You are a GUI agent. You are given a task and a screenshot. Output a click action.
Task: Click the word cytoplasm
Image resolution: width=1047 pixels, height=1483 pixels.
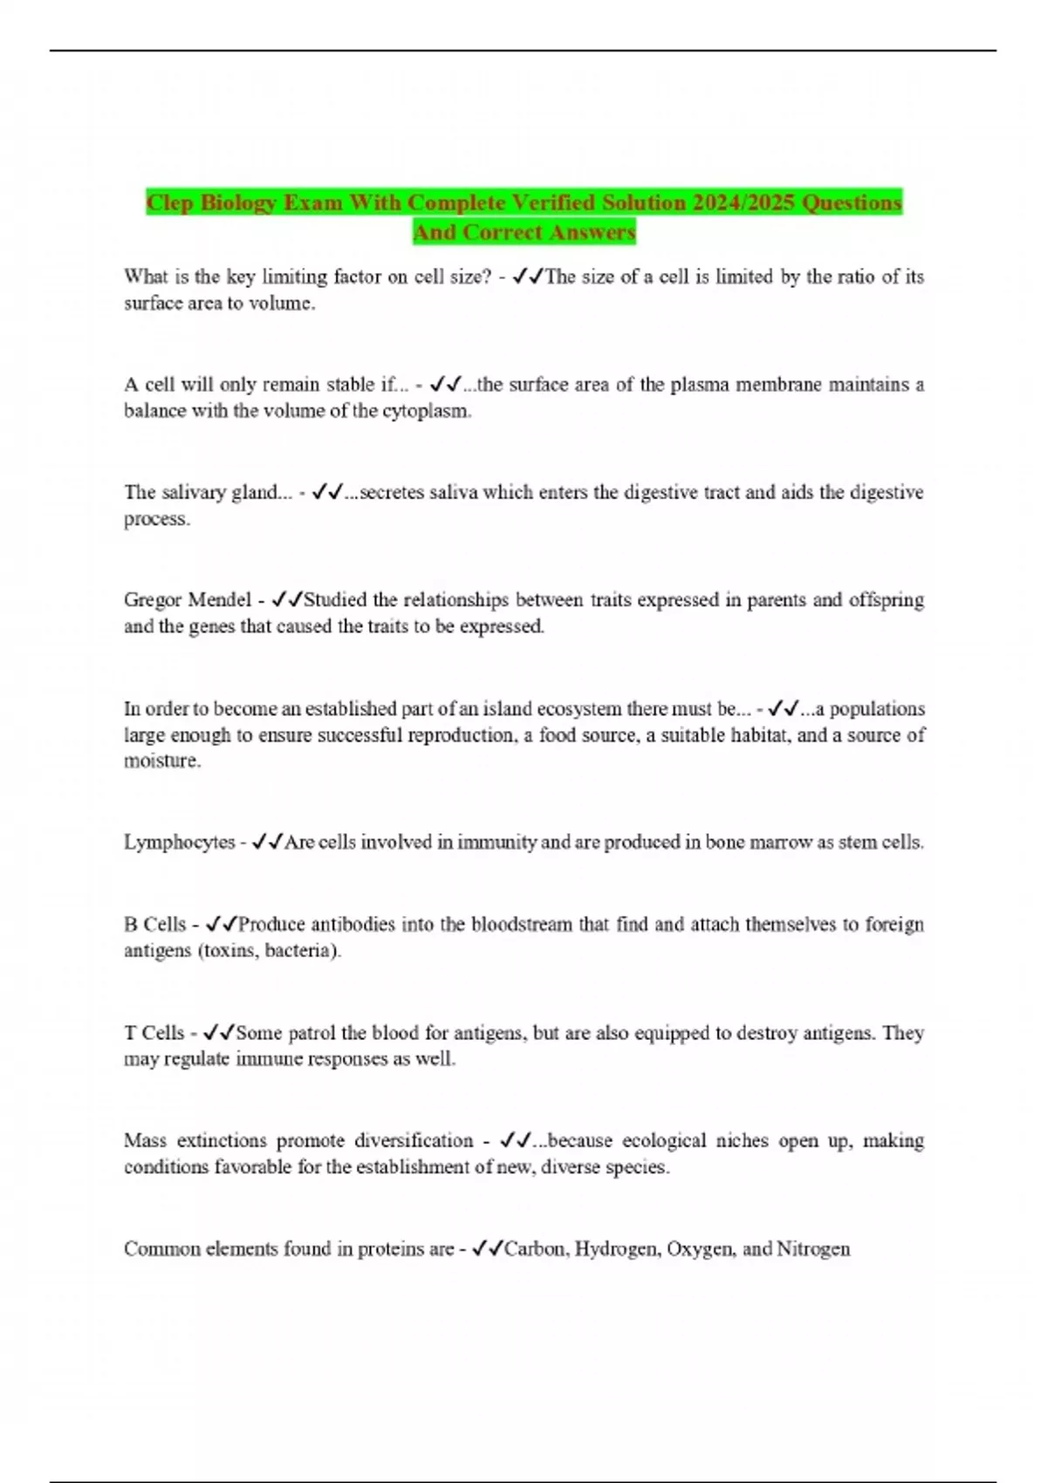pos(427,411)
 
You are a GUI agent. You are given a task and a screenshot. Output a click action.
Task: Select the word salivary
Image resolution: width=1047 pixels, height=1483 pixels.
pos(194,493)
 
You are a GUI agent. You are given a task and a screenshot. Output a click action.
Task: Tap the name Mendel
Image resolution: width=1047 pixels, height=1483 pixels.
pos(219,600)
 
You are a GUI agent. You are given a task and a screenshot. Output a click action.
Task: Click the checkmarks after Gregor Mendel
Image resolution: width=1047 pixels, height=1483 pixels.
pos(287,600)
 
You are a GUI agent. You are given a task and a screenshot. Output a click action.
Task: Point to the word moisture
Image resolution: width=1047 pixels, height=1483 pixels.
pos(162,761)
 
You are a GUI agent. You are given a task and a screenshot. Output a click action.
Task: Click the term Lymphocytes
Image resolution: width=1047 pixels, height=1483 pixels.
pos(179,843)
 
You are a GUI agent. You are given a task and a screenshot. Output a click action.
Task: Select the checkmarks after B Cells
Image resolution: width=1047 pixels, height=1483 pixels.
pos(222,925)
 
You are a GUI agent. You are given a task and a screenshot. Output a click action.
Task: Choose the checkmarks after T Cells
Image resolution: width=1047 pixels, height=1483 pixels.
pos(219,1033)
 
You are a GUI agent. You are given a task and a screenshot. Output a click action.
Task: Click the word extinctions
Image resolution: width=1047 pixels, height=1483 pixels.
pos(221,1141)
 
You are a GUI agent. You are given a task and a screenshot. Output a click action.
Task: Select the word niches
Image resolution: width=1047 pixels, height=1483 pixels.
pos(741,1141)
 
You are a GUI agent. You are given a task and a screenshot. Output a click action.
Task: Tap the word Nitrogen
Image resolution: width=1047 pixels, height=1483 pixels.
pos(813,1249)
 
